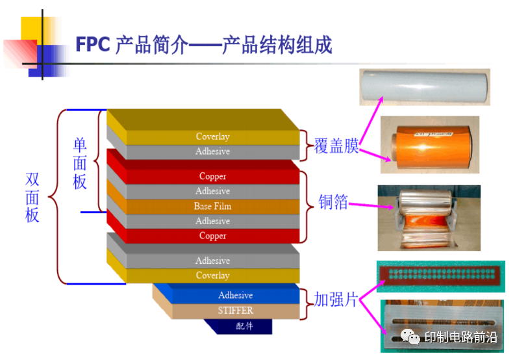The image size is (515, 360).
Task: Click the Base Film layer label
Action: click(212, 206)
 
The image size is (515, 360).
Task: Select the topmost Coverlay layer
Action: click(212, 136)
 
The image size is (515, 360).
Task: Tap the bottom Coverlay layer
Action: click(212, 276)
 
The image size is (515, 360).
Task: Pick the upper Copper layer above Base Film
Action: click(212, 176)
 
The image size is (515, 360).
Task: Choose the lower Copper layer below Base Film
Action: click(212, 236)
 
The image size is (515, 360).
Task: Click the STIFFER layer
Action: click(235, 311)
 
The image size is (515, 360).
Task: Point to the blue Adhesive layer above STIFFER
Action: click(235, 295)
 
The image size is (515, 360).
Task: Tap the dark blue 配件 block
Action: click(244, 326)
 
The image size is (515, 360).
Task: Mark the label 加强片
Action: click(336, 299)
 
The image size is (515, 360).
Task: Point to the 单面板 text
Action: click(80, 163)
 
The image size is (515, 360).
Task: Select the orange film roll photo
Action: click(429, 141)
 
